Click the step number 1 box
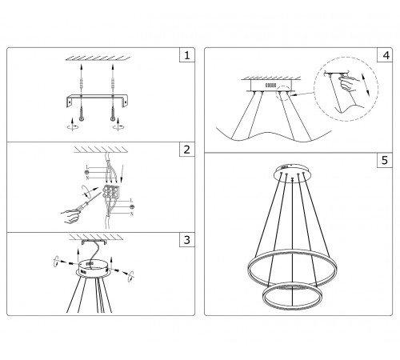coord(186,56)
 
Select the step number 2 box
coord(186,150)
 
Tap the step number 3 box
coord(186,239)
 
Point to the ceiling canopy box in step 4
coord(269,84)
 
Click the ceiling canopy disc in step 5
coord(290,170)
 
